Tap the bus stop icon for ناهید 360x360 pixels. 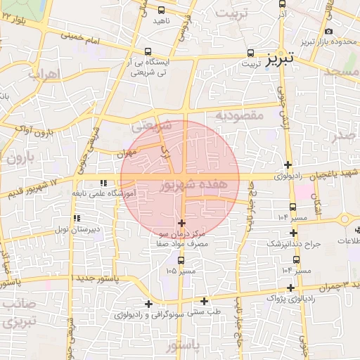[x=161, y=10]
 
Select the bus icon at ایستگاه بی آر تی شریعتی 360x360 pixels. [x=148, y=51]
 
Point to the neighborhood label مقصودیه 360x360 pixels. [x=238, y=115]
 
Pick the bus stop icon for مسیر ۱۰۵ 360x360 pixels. [x=181, y=260]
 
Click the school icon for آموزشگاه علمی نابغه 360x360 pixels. [x=105, y=184]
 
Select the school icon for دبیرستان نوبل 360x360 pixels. [x=77, y=219]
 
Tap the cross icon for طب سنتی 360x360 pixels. [x=204, y=301]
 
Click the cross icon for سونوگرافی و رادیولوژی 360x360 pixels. [x=148, y=304]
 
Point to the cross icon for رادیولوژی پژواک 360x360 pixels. [x=291, y=288]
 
